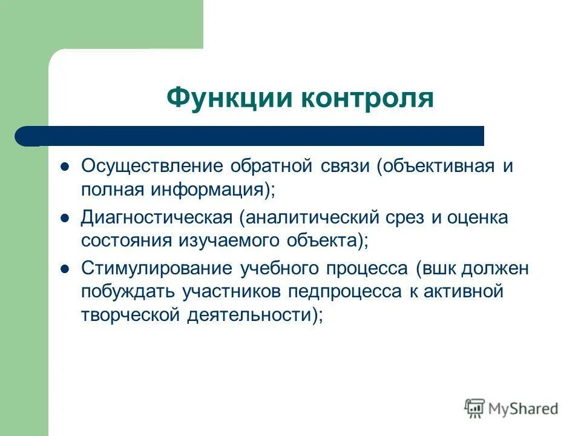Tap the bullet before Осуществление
coord(66,166)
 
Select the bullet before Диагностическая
coord(66,217)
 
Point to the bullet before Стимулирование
coord(66,268)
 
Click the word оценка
coord(478,217)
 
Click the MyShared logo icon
coord(475,409)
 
